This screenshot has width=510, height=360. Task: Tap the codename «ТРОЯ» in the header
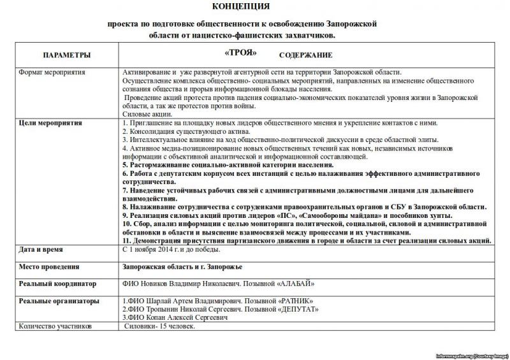tap(241, 52)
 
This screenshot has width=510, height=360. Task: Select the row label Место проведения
tap(49, 266)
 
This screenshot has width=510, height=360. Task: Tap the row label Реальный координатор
tap(57, 283)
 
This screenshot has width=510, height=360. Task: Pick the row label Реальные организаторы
tap(59, 299)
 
